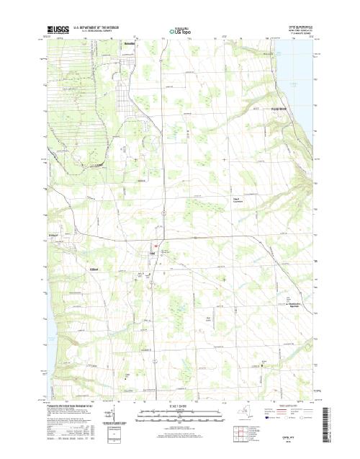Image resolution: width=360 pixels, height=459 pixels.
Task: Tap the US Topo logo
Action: [x=179, y=32]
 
